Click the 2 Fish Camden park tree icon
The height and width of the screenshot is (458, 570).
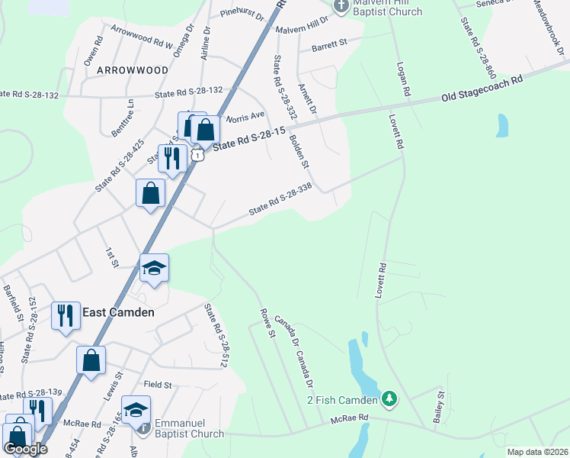click(389, 398)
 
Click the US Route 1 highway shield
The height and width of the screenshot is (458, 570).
click(197, 155)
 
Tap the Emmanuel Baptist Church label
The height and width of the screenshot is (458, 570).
click(189, 428)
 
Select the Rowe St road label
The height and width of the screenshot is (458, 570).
click(267, 324)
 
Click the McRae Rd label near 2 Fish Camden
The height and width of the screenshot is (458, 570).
click(350, 418)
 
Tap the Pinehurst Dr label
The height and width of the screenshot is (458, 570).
click(241, 14)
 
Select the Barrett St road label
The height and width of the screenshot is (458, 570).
click(329, 45)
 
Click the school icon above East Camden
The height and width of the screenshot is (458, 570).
click(154, 268)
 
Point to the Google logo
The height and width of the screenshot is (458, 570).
click(25, 449)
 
